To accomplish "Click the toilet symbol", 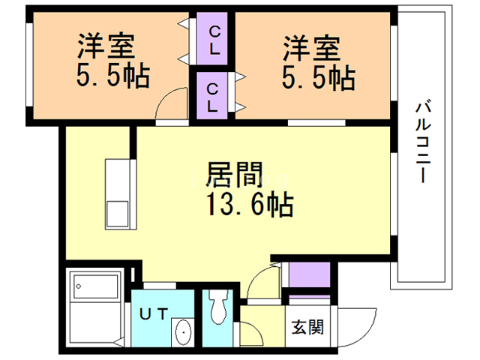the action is [x=217, y=307].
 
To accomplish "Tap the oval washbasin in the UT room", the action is [x=184, y=332].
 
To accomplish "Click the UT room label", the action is [x=154, y=314].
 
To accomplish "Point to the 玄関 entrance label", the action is [x=307, y=327].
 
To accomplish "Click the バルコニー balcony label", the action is [x=423, y=142].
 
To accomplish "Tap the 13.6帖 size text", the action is [x=250, y=205].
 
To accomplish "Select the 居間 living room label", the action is [x=235, y=174].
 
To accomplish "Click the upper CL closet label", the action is [x=214, y=40].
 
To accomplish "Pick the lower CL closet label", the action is [x=212, y=97].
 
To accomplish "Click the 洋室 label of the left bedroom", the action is [x=106, y=46].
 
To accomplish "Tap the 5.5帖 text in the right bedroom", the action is [x=318, y=78].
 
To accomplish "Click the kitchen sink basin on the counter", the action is [x=117, y=214].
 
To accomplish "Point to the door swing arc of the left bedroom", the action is [x=167, y=97].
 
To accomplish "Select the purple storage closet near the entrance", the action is [x=310, y=274].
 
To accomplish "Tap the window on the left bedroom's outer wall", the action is [x=29, y=65].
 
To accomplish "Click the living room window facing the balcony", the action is [x=394, y=194].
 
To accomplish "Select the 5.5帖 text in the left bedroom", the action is [x=113, y=76].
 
